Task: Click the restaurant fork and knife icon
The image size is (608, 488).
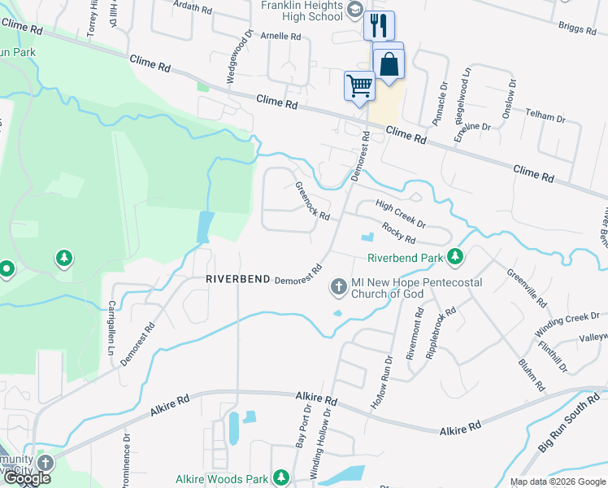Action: coord(379,25)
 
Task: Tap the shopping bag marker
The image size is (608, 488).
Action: coord(389,63)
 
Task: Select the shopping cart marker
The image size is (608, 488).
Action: coord(359,85)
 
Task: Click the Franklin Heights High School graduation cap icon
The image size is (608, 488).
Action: coord(354,9)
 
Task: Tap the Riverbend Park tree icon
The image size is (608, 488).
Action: coord(456,258)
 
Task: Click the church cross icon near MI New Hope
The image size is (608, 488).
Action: coord(338,286)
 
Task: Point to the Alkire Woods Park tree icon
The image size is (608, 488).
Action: coord(281,477)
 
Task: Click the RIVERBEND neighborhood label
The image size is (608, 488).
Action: coord(238,279)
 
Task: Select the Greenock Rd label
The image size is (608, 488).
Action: coord(312,201)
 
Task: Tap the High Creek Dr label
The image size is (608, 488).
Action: coord(401,213)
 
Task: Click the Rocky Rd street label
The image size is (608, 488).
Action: coord(398,233)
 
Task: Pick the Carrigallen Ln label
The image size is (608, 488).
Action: coord(112,324)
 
